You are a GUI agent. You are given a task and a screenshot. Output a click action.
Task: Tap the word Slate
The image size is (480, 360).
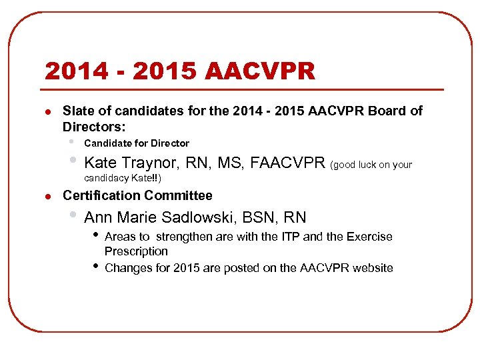tap(79, 111)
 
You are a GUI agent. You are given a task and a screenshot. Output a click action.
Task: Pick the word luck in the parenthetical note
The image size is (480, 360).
tap(370, 165)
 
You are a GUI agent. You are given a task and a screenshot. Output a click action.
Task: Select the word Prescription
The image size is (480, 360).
tap(136, 251)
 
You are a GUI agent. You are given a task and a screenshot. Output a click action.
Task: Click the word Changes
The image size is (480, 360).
tap(127, 268)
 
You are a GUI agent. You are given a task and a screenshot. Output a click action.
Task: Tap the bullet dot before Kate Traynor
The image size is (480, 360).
tap(74, 161)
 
